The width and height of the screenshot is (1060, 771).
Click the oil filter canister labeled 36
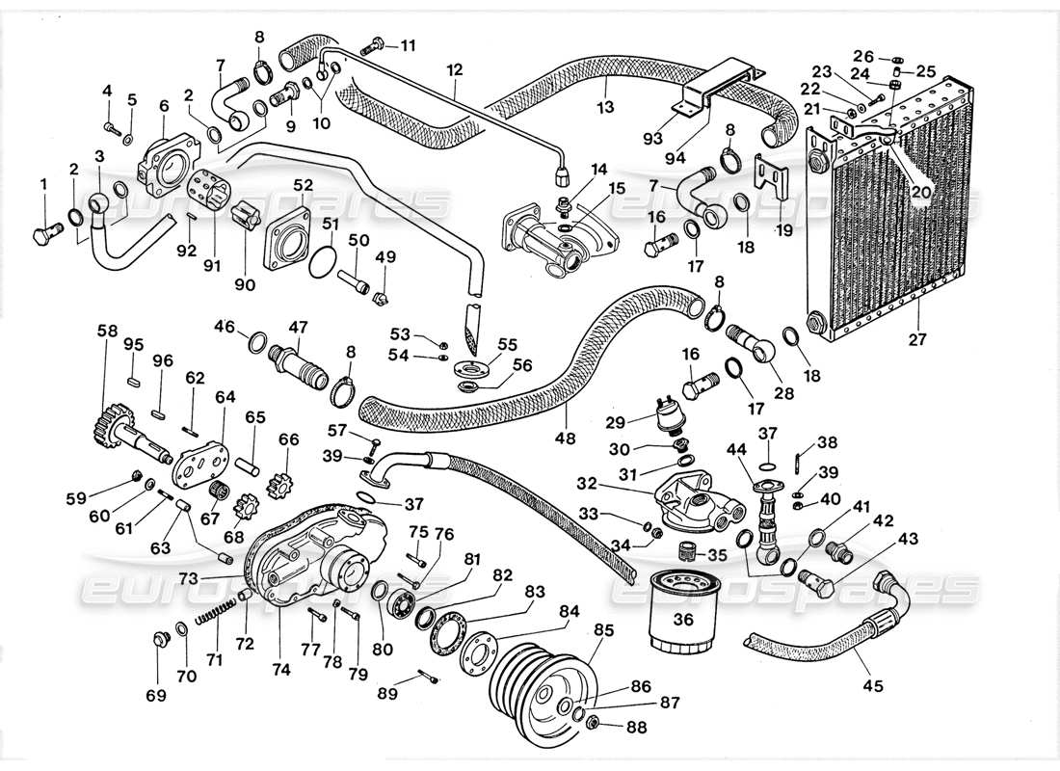coord(682,615)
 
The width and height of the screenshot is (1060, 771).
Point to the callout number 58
coord(105,331)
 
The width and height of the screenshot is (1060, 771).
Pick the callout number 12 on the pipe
coord(455,70)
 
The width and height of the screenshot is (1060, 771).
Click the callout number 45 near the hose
coord(872,686)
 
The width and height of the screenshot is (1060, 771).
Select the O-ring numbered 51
coord(325,261)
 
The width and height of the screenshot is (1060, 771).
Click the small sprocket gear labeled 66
coord(285,475)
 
